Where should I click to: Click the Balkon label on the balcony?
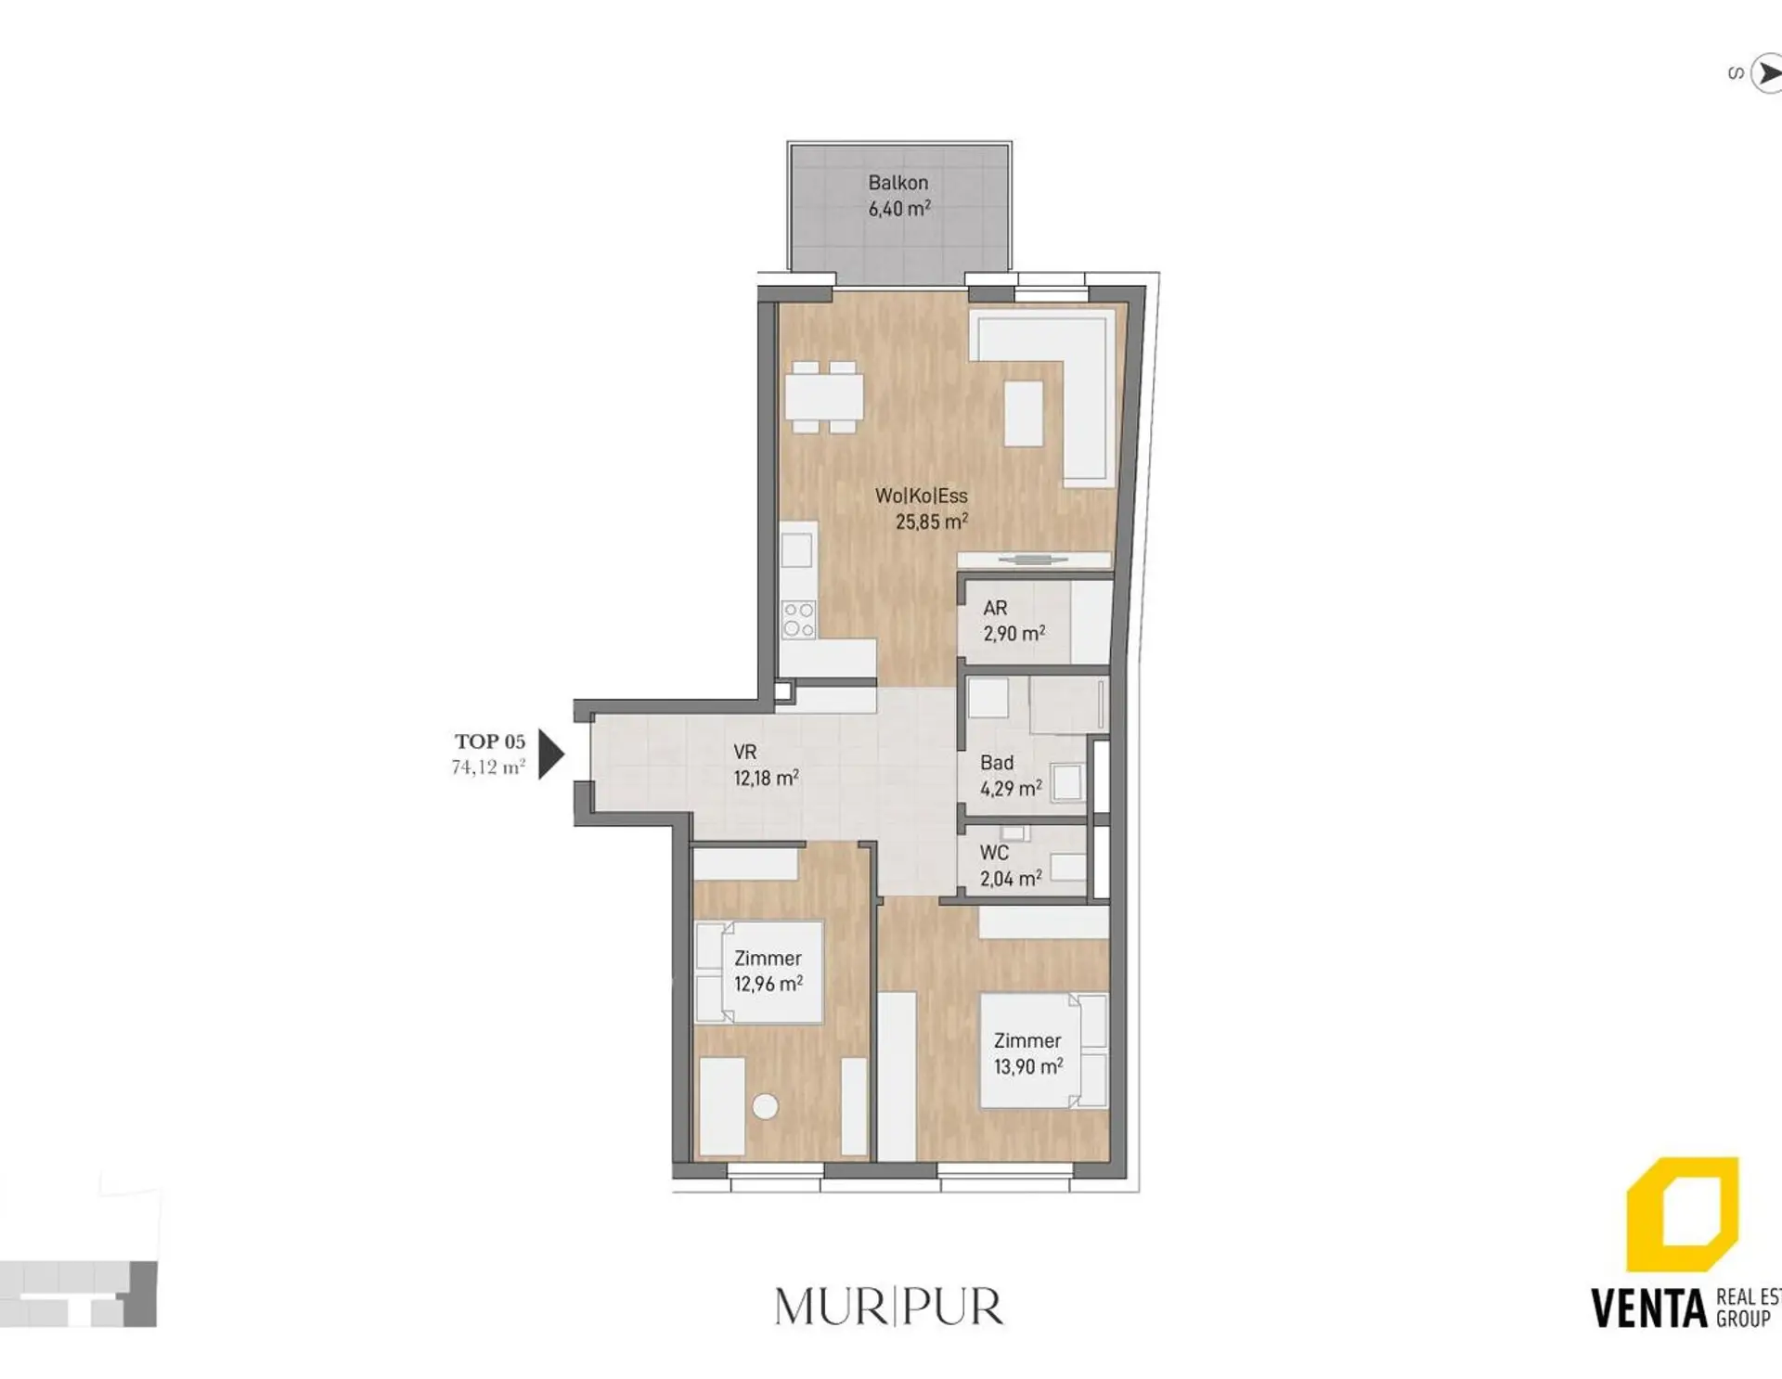point(897,183)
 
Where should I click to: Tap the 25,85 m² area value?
point(932,522)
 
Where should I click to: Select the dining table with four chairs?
point(824,397)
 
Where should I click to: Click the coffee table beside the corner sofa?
point(1024,413)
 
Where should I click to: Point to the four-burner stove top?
point(798,620)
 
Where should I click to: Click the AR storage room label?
point(995,608)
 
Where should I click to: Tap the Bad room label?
point(997,763)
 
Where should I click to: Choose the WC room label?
point(994,852)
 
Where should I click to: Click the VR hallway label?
point(744,753)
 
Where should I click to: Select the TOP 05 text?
point(490,741)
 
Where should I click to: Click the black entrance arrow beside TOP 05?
point(551,754)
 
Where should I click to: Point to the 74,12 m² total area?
point(488,767)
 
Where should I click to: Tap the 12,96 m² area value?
point(768,984)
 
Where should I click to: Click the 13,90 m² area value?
point(1028,1067)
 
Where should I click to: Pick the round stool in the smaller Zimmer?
point(766,1106)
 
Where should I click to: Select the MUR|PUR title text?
point(889,1308)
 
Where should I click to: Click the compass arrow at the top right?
point(1767,72)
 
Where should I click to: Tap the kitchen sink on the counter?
point(796,550)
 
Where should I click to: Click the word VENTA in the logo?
point(1649,1308)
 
